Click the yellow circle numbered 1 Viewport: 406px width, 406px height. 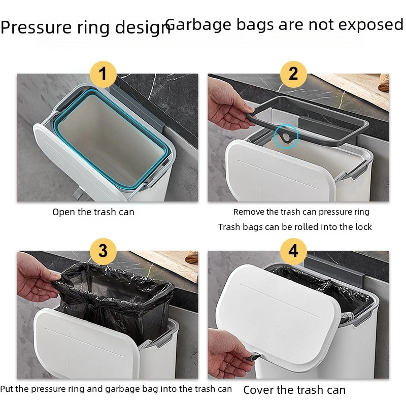[103, 75]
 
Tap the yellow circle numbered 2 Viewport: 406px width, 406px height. [293, 75]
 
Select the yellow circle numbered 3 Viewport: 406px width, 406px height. [103, 251]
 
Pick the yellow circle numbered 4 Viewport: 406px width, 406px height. [293, 251]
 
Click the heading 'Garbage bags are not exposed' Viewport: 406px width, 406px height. [284, 24]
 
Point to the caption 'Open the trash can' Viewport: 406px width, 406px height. [93, 212]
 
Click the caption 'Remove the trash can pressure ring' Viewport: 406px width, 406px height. [301, 212]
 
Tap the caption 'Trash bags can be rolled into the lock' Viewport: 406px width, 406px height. [295, 227]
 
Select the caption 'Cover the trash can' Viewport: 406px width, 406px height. [294, 390]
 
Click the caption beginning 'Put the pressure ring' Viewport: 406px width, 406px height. [116, 389]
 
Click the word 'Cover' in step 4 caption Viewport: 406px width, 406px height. [258, 390]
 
